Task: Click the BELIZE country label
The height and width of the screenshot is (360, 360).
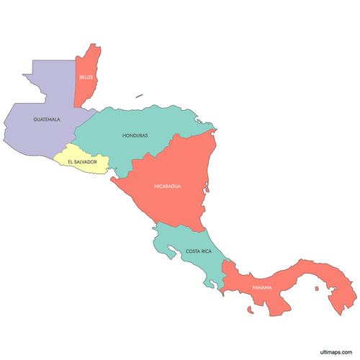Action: tap(86, 77)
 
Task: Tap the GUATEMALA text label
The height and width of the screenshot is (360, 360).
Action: tap(46, 119)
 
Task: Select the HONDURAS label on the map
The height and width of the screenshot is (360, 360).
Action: tap(135, 135)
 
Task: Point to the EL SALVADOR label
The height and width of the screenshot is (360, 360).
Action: tap(82, 162)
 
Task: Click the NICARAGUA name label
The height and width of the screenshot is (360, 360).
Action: tap(167, 186)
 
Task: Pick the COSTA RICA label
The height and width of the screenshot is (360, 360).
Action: tap(198, 251)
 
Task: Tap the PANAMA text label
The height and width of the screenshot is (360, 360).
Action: tap(262, 289)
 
